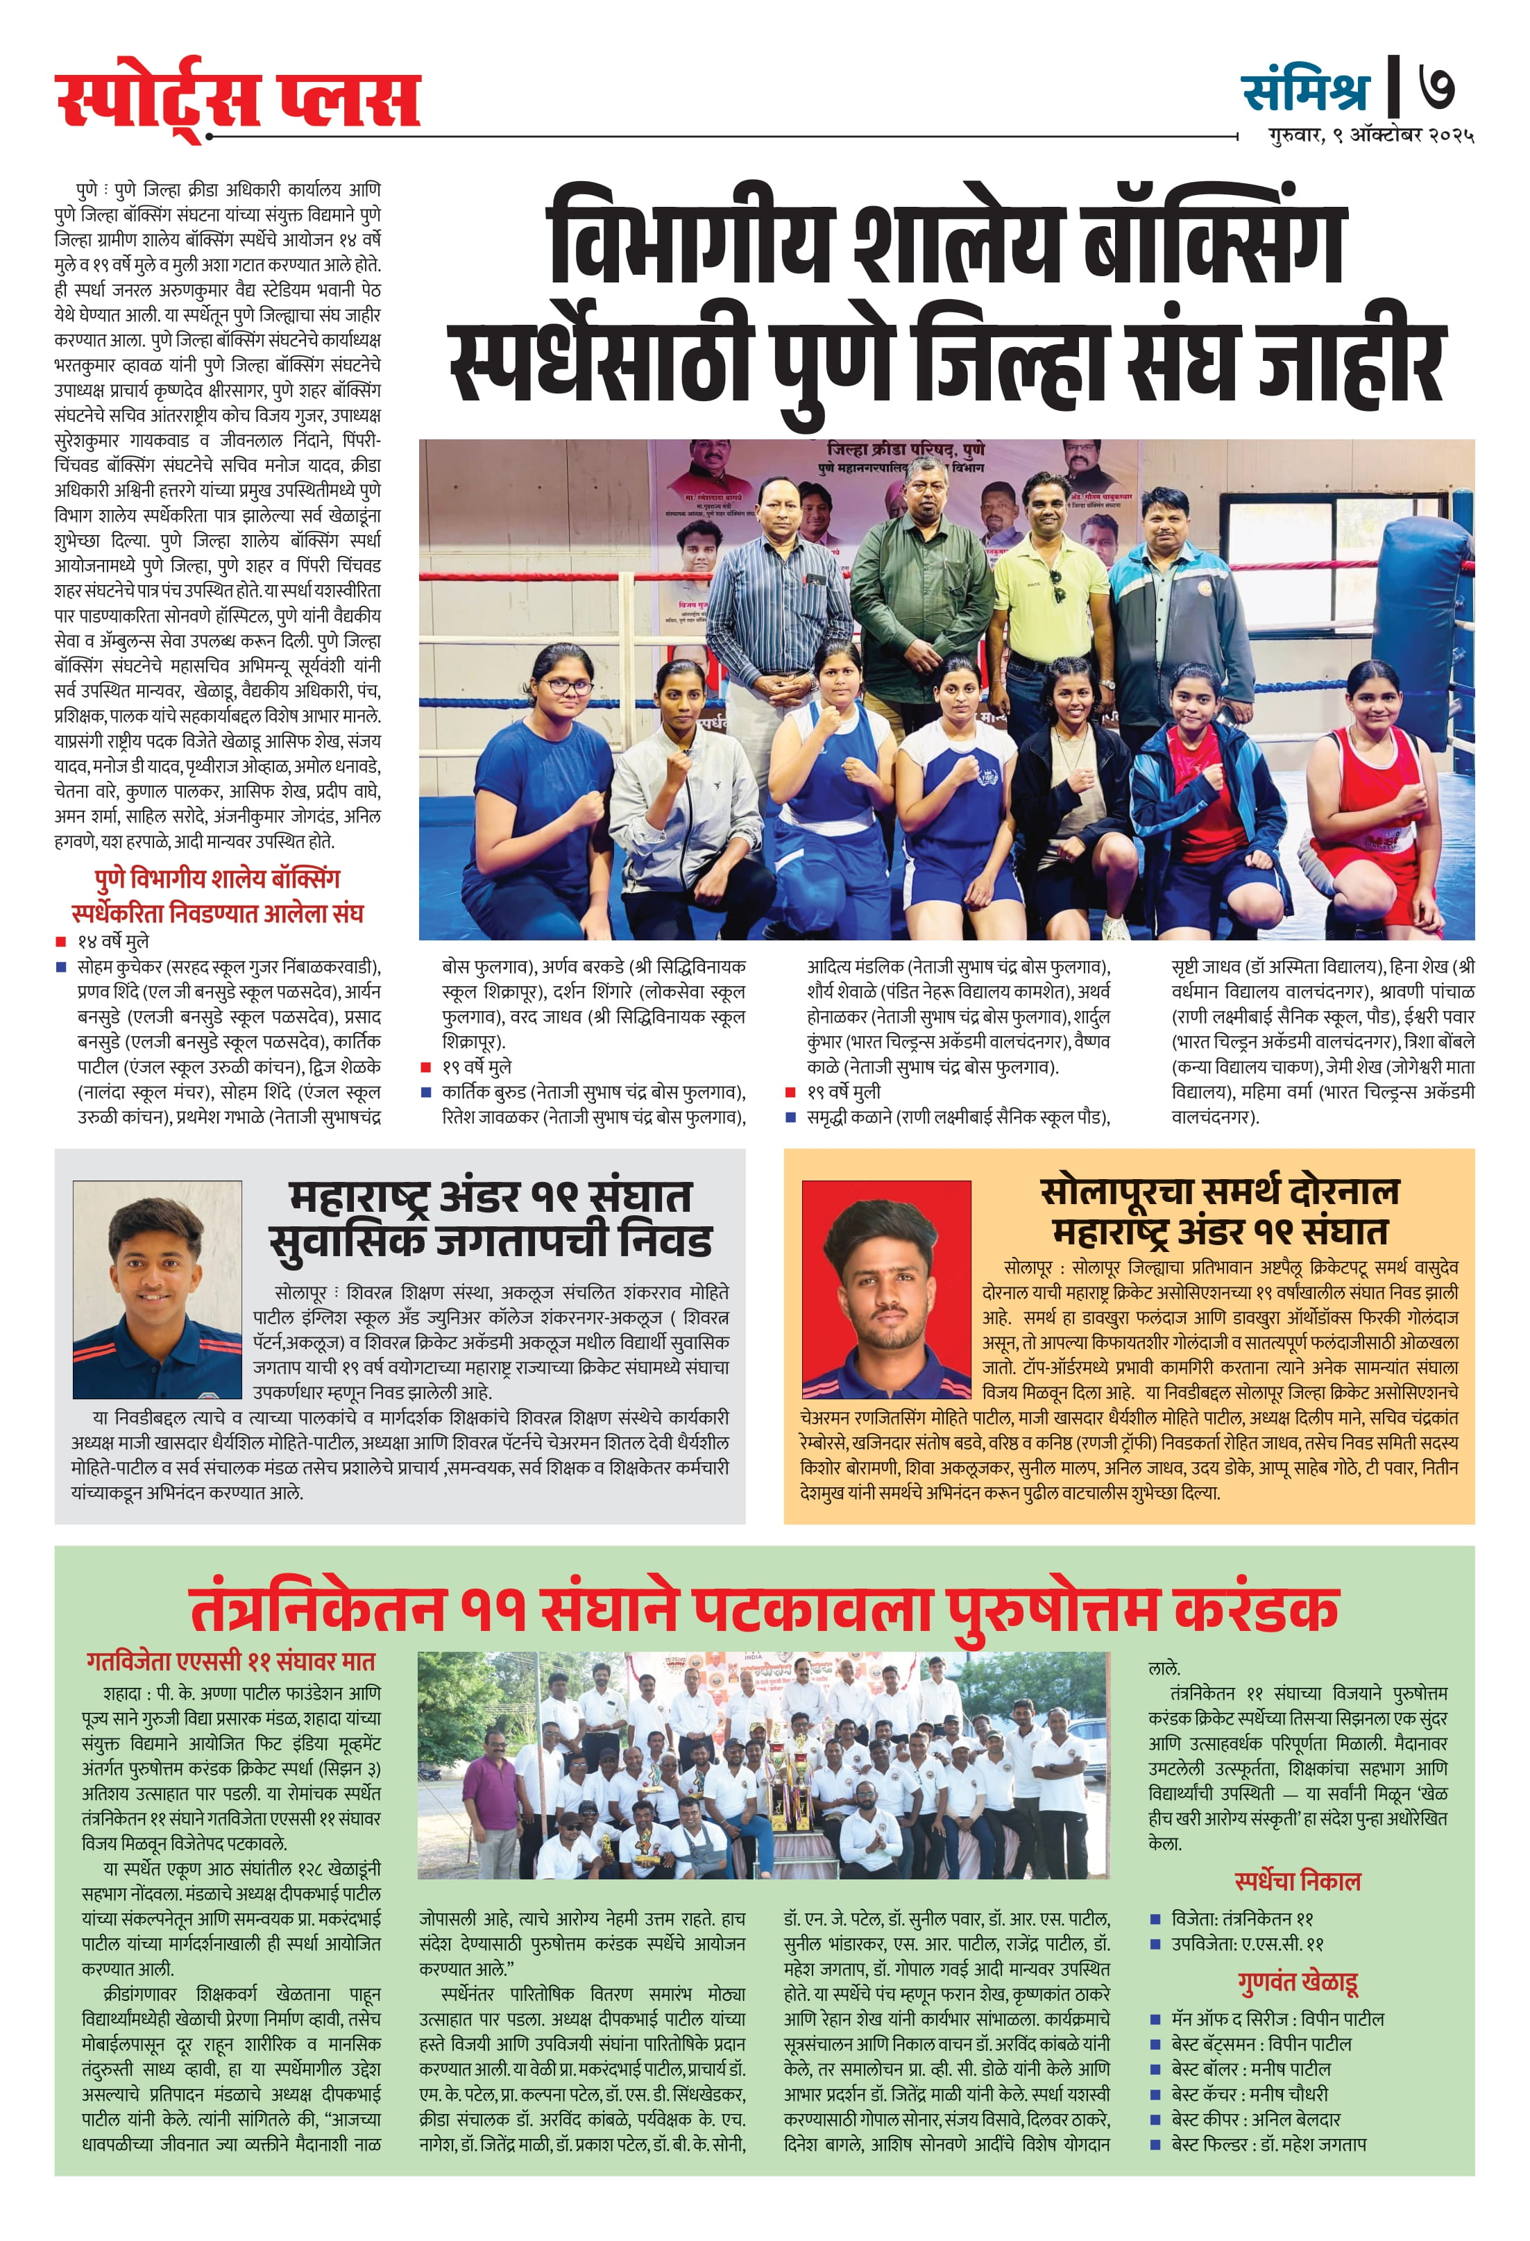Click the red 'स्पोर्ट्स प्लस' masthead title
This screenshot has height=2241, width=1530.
click(x=237, y=99)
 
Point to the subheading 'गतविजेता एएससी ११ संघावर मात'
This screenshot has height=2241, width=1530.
click(x=230, y=1661)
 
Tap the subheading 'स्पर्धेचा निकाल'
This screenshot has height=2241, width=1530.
click(x=1297, y=1880)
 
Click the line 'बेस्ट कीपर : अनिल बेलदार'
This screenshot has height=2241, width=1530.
click(x=1255, y=2120)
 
